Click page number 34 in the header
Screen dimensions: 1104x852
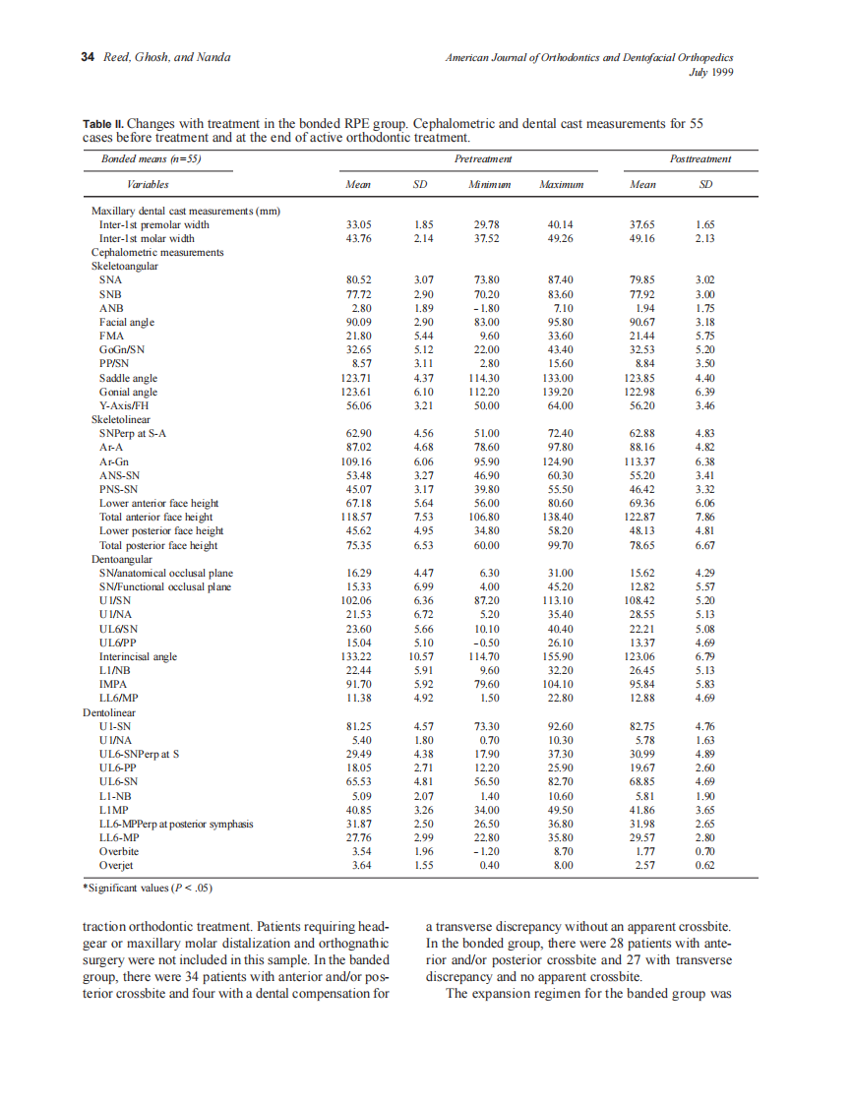[86, 58]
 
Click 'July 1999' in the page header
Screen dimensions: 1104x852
[714, 72]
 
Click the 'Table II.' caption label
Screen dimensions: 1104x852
[103, 125]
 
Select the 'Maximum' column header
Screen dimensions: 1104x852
[561, 184]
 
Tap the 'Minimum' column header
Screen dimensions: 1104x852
[487, 184]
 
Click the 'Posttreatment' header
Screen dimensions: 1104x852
[700, 158]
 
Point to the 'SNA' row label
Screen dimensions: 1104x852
[110, 280]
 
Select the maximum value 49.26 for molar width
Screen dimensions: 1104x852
[560, 238]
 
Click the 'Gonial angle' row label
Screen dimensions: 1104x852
[128, 392]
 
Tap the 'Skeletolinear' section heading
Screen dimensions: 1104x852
[120, 419]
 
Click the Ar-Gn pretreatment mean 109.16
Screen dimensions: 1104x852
[353, 460]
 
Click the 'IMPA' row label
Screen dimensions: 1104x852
[111, 684]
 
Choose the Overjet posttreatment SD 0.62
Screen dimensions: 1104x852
[703, 865]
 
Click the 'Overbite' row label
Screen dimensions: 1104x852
[119, 851]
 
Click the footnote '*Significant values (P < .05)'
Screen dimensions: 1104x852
[148, 888]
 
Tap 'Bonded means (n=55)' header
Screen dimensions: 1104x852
[151, 158]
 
